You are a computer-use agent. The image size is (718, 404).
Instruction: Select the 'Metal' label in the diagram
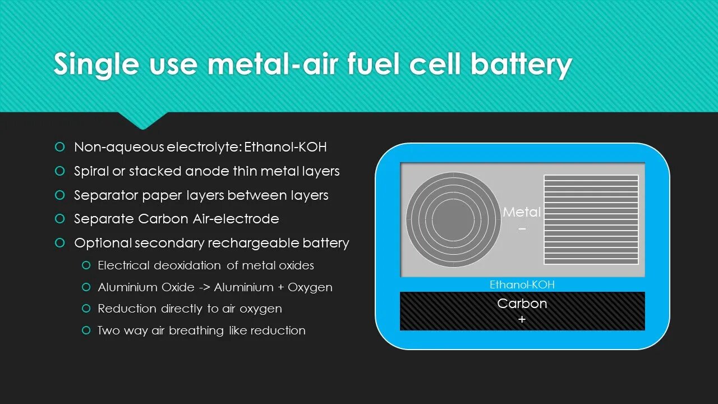(x=522, y=212)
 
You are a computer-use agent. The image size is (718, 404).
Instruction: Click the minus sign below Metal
(x=522, y=229)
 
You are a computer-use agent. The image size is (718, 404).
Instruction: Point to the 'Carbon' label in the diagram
(x=522, y=304)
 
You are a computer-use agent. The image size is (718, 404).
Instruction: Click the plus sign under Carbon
(x=522, y=319)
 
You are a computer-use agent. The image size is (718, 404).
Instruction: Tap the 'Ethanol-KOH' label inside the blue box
(x=522, y=284)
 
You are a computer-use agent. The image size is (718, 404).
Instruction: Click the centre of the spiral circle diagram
(x=453, y=219)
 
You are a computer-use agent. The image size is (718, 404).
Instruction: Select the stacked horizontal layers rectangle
(x=591, y=219)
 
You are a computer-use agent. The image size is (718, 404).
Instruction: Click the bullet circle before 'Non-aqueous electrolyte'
(x=60, y=147)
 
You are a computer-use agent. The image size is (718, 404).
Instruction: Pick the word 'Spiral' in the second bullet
(x=91, y=171)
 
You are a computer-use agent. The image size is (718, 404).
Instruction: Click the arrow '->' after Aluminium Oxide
(x=204, y=287)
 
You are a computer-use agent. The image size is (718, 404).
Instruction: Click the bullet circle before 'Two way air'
(x=86, y=330)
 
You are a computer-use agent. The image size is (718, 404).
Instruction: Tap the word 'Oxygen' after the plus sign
(x=310, y=287)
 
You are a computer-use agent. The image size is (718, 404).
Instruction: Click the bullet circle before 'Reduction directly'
(x=86, y=309)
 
